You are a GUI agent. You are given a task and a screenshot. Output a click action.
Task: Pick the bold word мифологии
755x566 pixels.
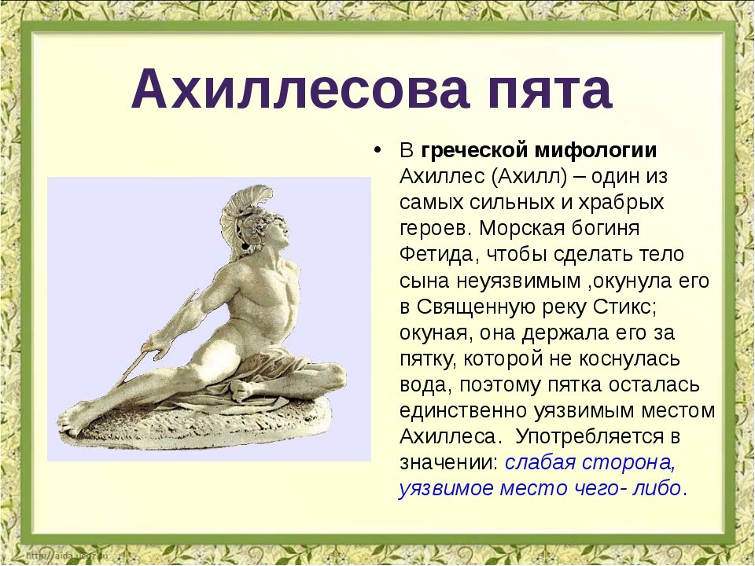click(x=596, y=150)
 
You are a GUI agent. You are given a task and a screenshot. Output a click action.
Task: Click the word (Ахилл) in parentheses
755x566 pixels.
click(x=529, y=176)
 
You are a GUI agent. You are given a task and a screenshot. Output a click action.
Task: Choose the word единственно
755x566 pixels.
click(x=463, y=411)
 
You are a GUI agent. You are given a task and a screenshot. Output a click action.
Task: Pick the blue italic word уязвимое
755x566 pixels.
click(x=447, y=488)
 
